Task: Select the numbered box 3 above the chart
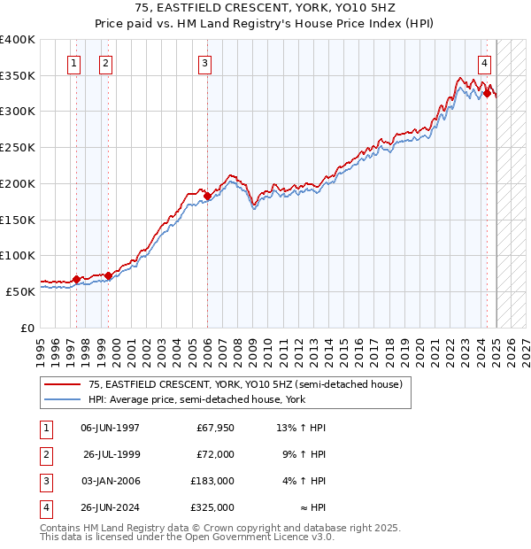coord(204,63)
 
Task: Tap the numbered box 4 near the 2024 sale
coord(486,63)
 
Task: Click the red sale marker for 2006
coord(207,195)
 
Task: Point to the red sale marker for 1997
coord(76,279)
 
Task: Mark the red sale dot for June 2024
coord(487,93)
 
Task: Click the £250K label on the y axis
coord(17,147)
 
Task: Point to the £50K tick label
coord(20,291)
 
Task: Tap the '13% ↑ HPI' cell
coord(302,428)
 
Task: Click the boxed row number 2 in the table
coord(43,454)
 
